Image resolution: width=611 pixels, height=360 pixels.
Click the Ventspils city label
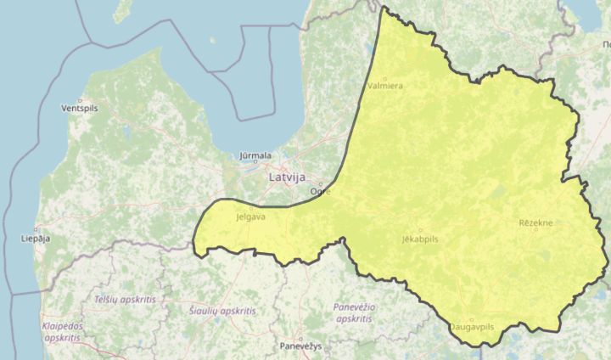tap(80, 110)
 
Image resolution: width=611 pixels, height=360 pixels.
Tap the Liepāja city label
tap(34, 239)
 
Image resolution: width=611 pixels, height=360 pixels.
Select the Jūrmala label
tap(255, 155)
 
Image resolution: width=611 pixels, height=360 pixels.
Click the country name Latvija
tap(288, 178)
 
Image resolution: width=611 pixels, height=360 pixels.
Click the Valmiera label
tap(386, 86)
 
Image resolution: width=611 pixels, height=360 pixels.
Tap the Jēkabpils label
tap(420, 239)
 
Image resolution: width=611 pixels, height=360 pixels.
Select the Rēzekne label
tap(535, 222)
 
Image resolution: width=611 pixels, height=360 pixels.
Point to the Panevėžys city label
tap(301, 346)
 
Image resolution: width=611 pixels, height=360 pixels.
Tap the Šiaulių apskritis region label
tap(222, 312)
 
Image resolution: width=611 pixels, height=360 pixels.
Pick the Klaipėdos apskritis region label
tap(61, 331)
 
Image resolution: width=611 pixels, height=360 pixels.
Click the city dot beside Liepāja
tap(36, 229)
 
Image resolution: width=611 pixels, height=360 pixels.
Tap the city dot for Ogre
tap(321, 184)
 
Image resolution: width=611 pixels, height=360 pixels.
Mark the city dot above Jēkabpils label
tap(419, 230)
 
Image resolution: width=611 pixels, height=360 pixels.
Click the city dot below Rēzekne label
tap(535, 231)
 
